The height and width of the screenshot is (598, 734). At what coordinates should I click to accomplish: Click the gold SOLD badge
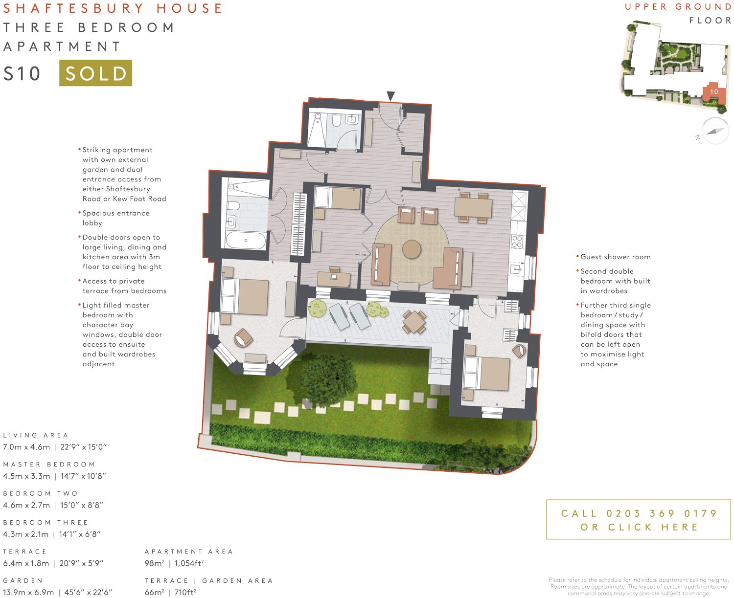click(x=95, y=73)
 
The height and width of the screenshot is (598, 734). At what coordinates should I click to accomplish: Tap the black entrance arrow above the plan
click(x=390, y=96)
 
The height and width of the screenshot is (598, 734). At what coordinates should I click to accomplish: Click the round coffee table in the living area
click(x=412, y=249)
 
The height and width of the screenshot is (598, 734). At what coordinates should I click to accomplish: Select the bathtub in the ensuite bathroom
click(x=246, y=240)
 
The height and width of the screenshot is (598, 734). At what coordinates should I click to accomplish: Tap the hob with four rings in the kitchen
click(x=517, y=242)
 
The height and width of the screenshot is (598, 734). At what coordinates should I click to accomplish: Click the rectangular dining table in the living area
click(x=473, y=207)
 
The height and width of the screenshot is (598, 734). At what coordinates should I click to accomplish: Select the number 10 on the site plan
click(x=714, y=92)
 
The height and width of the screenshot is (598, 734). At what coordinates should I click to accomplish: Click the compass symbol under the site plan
click(x=715, y=131)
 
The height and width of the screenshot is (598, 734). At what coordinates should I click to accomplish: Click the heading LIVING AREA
click(x=36, y=435)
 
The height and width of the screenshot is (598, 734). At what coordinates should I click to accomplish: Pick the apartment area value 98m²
click(x=154, y=563)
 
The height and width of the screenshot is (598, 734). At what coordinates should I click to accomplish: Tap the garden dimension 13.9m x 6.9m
click(x=28, y=592)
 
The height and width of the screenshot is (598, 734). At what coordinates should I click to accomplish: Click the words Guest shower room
click(x=616, y=257)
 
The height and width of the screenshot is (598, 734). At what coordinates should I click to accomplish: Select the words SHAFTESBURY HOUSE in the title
click(x=113, y=8)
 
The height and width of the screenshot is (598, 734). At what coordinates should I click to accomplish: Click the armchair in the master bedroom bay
click(x=243, y=337)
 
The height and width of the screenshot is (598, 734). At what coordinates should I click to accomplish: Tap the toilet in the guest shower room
click(x=336, y=120)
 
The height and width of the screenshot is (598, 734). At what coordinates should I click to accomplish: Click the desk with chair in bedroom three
click(x=334, y=277)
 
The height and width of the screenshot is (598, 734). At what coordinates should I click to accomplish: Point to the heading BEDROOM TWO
click(x=41, y=493)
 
